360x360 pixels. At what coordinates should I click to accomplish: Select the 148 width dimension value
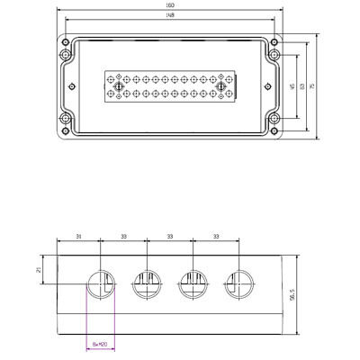coord(169,26)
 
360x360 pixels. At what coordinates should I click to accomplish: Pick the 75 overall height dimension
coord(312,86)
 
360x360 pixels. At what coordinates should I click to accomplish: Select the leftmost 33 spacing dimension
coord(123,237)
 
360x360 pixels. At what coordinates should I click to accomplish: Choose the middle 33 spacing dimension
coord(170,237)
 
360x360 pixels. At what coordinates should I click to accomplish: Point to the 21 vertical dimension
coord(39,268)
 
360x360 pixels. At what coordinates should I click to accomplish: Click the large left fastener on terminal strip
coord(114,86)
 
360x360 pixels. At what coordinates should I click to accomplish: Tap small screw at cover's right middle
coord(266,86)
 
